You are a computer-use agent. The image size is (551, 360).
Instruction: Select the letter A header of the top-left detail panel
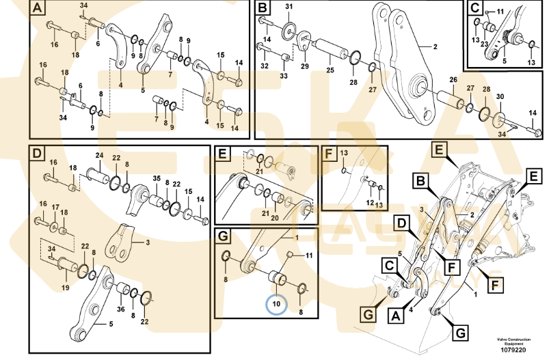click(37, 9)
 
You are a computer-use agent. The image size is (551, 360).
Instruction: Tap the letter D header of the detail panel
click(37, 154)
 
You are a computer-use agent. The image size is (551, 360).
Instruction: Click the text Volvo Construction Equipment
click(513, 340)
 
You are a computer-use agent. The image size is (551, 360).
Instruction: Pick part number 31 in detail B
click(288, 7)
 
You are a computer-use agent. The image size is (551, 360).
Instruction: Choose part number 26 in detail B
click(453, 81)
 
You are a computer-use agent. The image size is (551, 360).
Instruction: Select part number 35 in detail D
click(157, 180)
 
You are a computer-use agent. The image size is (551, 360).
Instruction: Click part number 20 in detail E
click(274, 219)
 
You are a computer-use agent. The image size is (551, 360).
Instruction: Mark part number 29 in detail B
click(304, 66)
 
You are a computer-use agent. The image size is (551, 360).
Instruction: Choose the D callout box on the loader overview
click(402, 223)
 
